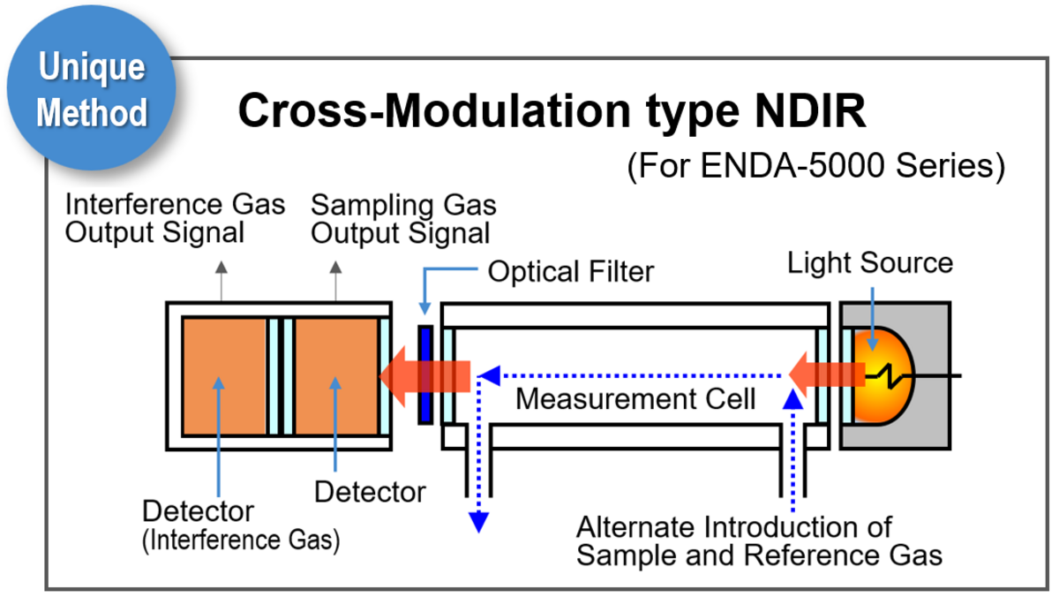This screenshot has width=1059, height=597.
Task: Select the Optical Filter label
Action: [571, 271]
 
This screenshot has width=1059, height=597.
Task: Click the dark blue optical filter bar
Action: [425, 374]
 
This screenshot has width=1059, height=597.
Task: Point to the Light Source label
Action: [870, 262]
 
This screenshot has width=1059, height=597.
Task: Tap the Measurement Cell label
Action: [635, 399]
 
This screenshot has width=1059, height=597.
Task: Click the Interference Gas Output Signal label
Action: [176, 219]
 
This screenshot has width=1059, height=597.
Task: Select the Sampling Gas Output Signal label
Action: [403, 219]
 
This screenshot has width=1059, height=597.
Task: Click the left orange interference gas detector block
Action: [224, 376]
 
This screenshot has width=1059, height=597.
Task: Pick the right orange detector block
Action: [336, 376]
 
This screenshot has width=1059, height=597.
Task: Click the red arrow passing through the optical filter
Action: [424, 374]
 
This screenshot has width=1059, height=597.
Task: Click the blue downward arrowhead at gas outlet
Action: [477, 522]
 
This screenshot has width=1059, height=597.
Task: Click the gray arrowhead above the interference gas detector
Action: [221, 266]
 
